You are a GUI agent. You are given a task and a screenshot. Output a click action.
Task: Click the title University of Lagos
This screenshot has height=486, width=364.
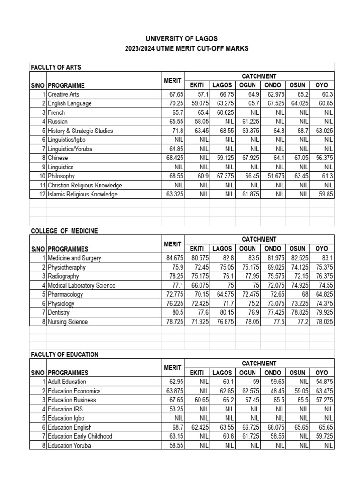coord(182,38)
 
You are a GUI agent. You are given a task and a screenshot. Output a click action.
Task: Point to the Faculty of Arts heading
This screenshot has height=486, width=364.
coord(56,67)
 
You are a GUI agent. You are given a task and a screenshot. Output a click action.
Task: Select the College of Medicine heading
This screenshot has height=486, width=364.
coord(64,231)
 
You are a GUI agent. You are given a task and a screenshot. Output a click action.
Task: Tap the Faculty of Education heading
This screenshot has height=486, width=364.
coord(64,355)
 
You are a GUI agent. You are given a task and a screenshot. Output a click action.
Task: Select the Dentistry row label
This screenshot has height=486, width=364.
coord(59,313)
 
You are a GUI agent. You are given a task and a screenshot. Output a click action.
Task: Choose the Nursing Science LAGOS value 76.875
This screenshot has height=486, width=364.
coord(225,322)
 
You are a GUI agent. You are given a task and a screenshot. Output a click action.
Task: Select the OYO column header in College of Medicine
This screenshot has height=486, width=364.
coord(322,248)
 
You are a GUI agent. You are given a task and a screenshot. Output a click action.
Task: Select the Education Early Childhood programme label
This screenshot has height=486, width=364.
coord(80,436)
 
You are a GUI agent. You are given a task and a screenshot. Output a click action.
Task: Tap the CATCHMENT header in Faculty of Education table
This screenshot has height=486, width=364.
coord(259,363)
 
